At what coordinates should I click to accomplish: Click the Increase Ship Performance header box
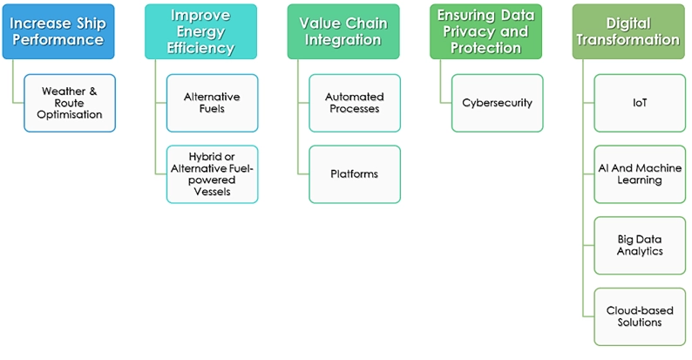coord(58,31)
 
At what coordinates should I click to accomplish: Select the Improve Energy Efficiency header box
coord(200,31)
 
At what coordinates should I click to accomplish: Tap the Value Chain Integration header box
coord(343,31)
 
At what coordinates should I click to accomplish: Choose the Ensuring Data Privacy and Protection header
coord(486,31)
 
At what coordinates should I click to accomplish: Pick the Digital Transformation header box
coord(628,31)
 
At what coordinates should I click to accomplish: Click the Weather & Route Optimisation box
coord(70,103)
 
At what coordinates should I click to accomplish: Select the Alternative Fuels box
coord(213,103)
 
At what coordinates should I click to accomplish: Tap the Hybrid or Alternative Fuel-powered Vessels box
coord(213,174)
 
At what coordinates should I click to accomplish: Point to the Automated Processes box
coord(355,103)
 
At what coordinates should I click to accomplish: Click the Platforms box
coord(355,174)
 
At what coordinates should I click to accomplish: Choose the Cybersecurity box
coord(498,103)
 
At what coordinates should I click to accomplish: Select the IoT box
coord(640,103)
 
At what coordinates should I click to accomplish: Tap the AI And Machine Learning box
coord(640,174)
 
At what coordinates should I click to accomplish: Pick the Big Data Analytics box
coord(640,245)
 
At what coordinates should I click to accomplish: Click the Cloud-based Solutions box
coord(640,316)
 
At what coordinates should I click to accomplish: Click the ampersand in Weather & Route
coord(92,92)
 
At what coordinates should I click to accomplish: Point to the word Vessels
coord(213,192)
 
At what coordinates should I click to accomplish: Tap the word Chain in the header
coord(366,24)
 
